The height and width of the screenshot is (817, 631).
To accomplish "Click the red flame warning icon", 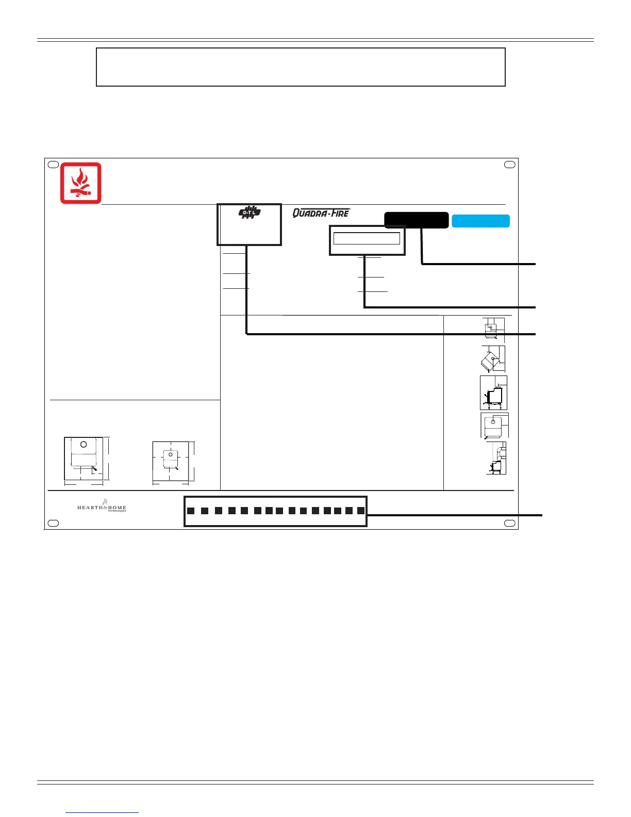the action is [x=81, y=183].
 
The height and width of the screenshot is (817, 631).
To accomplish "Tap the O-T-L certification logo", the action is [x=250, y=213].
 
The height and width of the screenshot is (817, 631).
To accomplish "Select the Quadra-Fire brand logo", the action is [x=321, y=213].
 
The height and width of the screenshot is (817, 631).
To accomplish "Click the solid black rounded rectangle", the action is [x=416, y=220].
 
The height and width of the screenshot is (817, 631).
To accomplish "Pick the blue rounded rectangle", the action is [x=480, y=221].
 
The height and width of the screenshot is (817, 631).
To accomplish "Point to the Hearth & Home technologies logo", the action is [x=102, y=506].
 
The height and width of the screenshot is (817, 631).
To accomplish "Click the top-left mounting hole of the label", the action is [x=53, y=165].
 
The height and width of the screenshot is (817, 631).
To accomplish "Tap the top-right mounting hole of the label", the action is [x=509, y=165].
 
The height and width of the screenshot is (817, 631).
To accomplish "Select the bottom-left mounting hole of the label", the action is [x=53, y=523].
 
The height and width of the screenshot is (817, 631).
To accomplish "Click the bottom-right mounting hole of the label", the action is [x=509, y=523].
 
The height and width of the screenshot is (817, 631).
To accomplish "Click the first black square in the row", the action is [x=191, y=511].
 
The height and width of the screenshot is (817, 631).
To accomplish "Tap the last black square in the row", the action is [x=360, y=511].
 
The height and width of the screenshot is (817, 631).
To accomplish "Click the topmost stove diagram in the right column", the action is [x=493, y=329].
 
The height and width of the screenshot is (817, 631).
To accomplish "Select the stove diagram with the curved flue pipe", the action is [x=496, y=458].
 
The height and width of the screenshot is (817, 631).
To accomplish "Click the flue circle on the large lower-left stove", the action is [x=84, y=444].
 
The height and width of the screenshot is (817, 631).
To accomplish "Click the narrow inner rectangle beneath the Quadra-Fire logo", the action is [x=367, y=238].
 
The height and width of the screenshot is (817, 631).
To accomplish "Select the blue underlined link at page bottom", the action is [x=103, y=812].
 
